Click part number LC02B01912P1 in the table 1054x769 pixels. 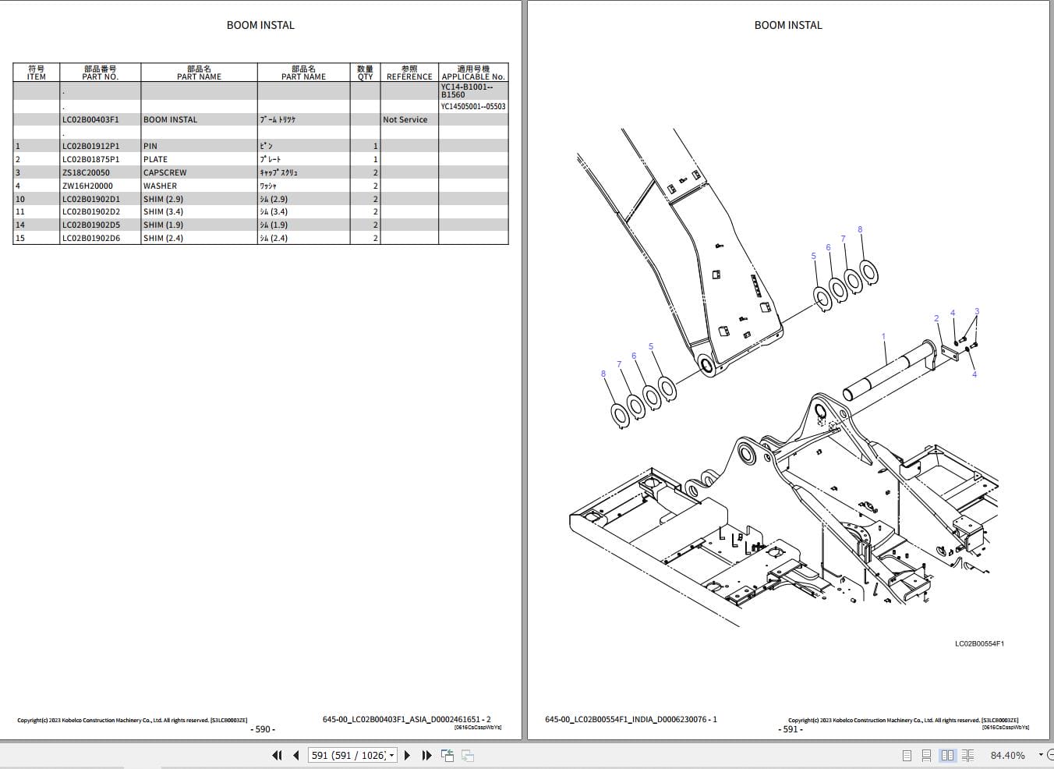pos(91,146)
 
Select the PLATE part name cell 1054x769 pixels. pos(155,159)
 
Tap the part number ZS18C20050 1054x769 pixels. pos(86,172)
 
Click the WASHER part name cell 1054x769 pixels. pos(160,186)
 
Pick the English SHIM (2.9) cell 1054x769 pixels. pos(163,199)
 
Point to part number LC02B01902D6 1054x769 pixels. pos(91,238)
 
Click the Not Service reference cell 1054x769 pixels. pos(405,119)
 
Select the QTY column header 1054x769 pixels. pos(365,73)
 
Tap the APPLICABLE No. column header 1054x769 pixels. pos(473,73)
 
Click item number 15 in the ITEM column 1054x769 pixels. pos(20,238)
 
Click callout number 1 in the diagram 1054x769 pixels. pos(883,337)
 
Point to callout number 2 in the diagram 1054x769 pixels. pos(936,318)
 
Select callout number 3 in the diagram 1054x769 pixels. pos(977,311)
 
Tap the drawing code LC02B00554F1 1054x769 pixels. pos(979,643)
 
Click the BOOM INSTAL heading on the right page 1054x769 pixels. pos(787,25)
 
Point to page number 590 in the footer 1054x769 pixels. pos(263,729)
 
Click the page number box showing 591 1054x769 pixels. pos(352,755)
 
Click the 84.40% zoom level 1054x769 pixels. pos(1007,755)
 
